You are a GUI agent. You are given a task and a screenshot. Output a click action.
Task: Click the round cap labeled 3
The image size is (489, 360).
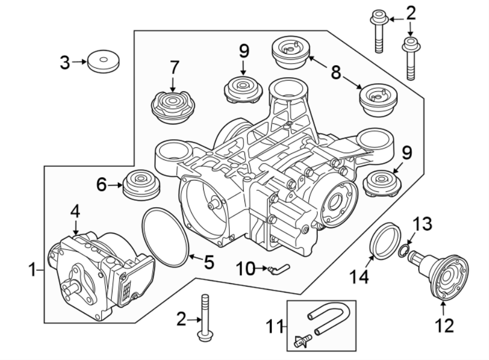(x=104, y=61)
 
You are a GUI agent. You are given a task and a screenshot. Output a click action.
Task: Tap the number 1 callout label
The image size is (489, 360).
(x=33, y=269)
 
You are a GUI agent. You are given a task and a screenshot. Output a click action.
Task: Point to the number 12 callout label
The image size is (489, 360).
(x=445, y=325)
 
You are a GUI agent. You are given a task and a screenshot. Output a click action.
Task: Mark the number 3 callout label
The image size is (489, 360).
(x=65, y=63)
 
